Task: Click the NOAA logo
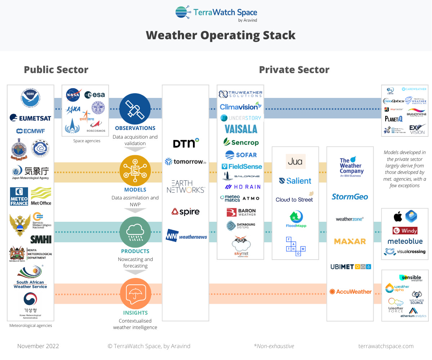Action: tap(30, 98)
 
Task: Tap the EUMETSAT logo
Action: tap(30, 118)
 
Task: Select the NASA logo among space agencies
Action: tap(73, 95)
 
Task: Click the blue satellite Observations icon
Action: tap(135, 109)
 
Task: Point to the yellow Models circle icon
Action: tap(135, 171)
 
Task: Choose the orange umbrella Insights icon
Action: tap(135, 293)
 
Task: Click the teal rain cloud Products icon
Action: tap(135, 231)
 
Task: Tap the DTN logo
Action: tap(186, 143)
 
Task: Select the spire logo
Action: tap(185, 212)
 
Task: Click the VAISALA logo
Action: tap(241, 129)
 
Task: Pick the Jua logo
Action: tap(295, 162)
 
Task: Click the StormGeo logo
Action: tap(350, 197)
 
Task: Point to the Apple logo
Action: tap(398, 217)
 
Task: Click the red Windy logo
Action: tap(405, 230)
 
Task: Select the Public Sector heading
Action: tap(56, 69)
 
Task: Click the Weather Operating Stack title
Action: tap(220, 35)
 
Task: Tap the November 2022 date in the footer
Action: tap(38, 346)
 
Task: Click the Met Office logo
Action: tap(41, 196)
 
